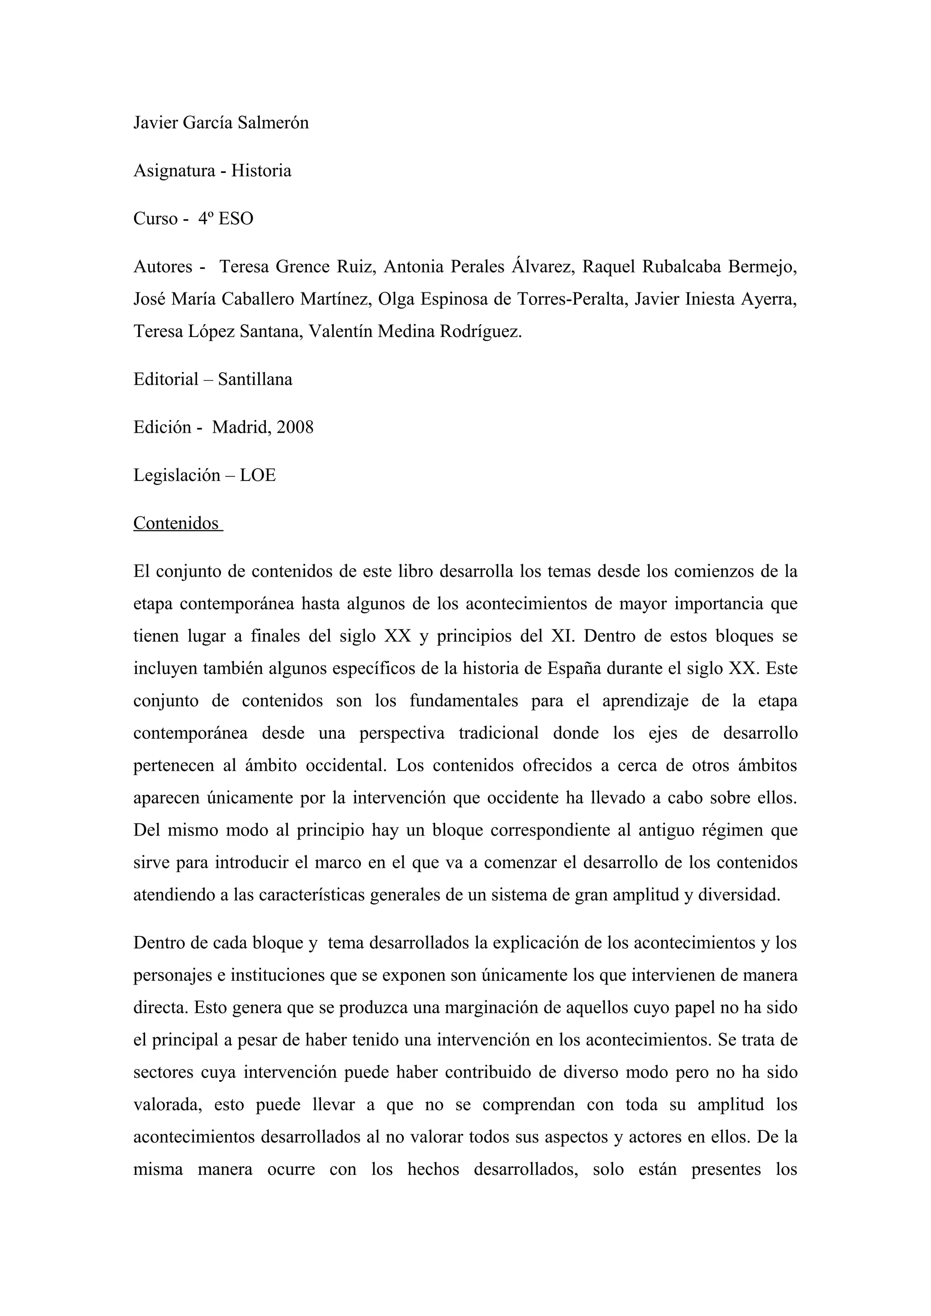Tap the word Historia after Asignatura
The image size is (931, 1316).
261,171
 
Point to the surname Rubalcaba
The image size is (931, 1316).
681,267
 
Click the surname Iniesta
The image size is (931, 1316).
710,299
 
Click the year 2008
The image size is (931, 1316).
295,428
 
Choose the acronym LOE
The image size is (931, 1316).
258,476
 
